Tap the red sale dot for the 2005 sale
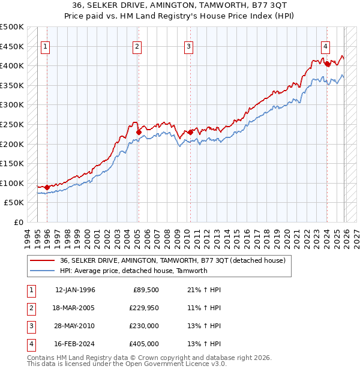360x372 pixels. click(x=139, y=132)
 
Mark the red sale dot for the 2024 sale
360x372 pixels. click(x=327, y=63)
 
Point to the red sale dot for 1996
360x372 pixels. click(x=47, y=187)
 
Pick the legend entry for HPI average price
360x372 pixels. click(x=133, y=271)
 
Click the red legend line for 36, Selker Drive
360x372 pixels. click(x=43, y=260)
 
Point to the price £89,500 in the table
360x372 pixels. click(x=145, y=290)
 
